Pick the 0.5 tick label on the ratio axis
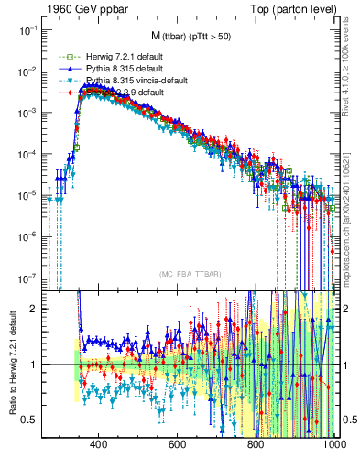[31, 420]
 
